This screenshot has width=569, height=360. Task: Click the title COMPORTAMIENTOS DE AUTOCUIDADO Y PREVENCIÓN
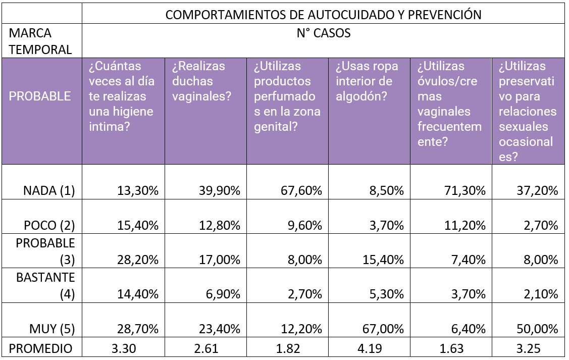coord(323,14)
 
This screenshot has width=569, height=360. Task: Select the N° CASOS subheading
coord(323,34)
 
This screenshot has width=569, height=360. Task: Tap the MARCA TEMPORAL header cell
coord(40,42)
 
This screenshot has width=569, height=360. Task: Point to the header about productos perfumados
coord(287,96)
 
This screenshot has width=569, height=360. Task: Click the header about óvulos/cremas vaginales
coord(449,104)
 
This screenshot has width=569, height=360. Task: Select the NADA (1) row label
coord(49,190)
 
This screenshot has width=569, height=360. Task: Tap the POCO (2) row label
coord(49,225)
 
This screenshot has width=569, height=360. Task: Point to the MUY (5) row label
coord(53,329)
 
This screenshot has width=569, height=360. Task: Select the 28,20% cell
coord(137,260)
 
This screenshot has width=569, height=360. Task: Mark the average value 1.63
coord(450,348)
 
